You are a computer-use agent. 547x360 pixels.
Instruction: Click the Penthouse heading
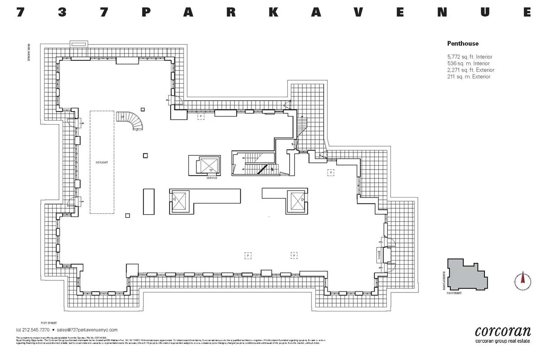462,44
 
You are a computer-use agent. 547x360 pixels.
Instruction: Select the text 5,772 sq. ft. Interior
470,57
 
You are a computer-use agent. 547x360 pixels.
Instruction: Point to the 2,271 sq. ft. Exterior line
471,70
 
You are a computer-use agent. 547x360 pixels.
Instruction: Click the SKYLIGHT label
102,162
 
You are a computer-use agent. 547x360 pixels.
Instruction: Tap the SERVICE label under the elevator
211,178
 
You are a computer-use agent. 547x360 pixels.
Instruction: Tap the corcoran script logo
502,332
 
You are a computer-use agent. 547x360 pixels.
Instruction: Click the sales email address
93,330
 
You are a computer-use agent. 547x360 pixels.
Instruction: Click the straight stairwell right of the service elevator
254,162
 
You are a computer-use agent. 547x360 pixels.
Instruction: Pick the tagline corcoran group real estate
503,341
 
